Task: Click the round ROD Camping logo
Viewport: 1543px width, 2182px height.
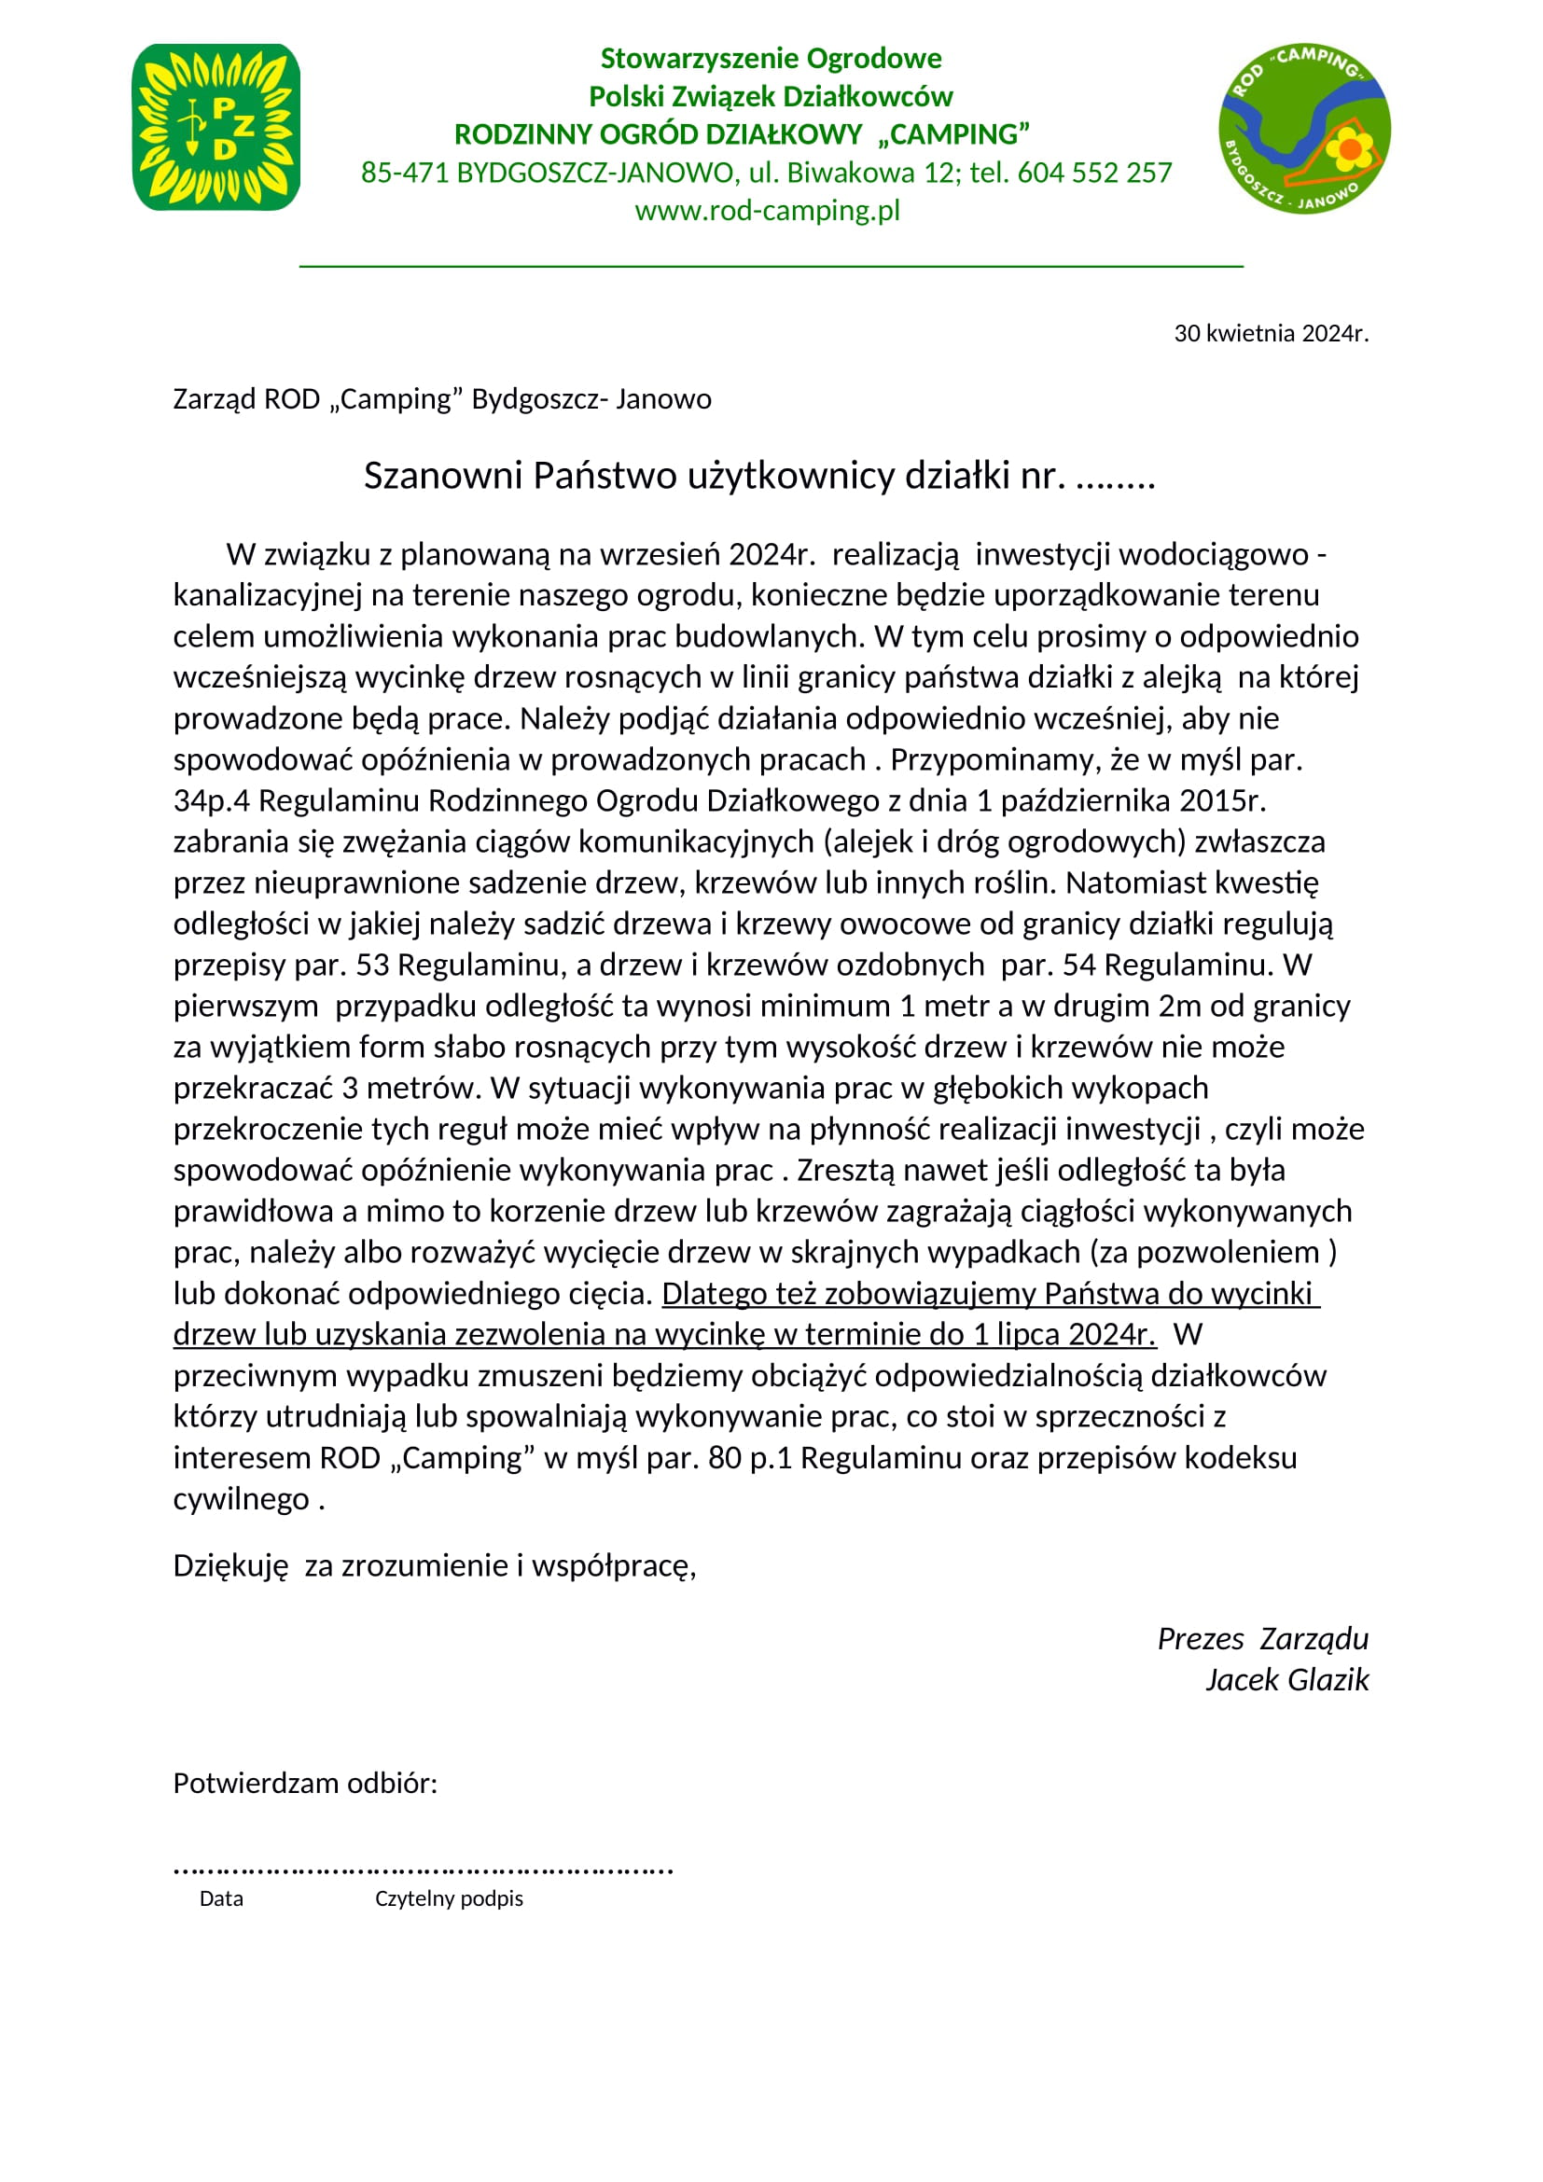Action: click(x=1303, y=129)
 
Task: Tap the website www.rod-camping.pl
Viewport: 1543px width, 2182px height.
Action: click(x=767, y=210)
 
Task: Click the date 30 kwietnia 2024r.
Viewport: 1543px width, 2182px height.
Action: click(x=1271, y=333)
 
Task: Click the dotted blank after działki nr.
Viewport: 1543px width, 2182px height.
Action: click(x=1116, y=477)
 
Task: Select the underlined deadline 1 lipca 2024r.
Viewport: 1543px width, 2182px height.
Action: click(x=1063, y=1334)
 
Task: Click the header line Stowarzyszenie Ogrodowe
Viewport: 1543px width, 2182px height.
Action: click(x=771, y=59)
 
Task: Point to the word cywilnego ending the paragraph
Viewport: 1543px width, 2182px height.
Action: click(x=242, y=1499)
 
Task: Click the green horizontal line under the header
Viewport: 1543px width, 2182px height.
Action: click(x=771, y=266)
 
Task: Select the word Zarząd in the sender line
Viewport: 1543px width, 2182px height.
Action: click(x=214, y=399)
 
